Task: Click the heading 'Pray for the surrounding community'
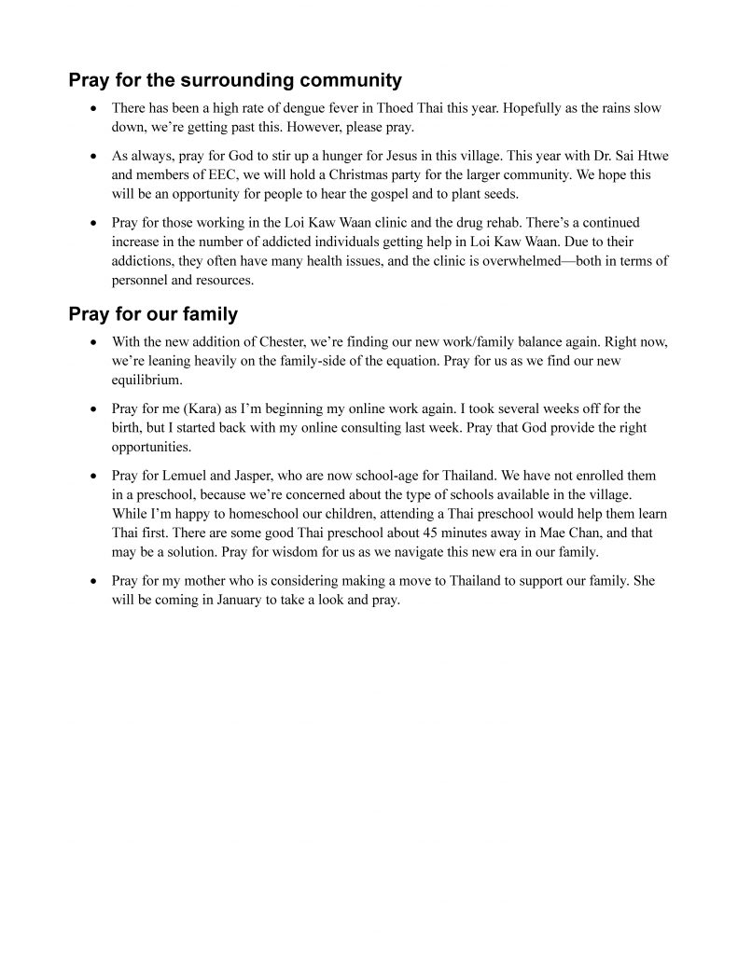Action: (x=235, y=80)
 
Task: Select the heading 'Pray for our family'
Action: (x=153, y=313)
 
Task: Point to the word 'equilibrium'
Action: (x=145, y=380)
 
